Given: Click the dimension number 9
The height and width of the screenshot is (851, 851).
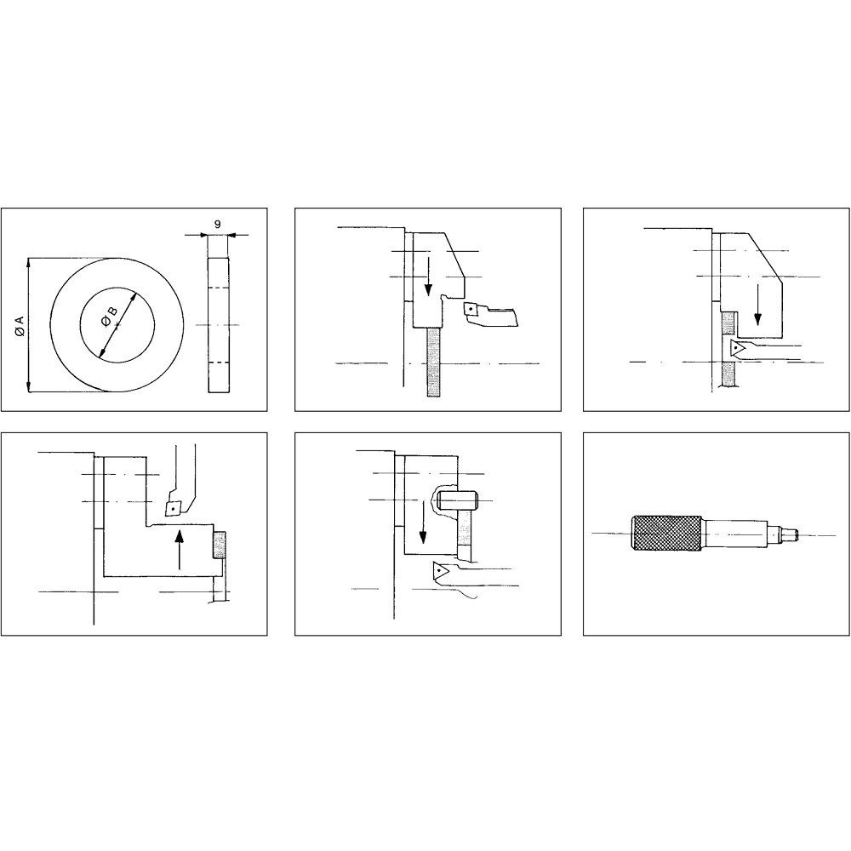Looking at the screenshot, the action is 218,224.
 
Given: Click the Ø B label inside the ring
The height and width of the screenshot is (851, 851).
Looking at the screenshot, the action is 109,317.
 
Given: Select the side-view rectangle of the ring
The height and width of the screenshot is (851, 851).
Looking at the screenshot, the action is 218,324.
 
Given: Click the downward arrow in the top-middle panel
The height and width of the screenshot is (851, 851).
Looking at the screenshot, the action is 428,277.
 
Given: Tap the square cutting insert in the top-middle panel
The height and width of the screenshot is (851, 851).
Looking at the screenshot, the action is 471,310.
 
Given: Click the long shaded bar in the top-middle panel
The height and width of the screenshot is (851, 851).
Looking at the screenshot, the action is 434,362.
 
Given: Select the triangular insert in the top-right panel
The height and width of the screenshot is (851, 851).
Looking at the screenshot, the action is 737,348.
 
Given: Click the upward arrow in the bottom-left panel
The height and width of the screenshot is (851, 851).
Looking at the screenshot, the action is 180,550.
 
